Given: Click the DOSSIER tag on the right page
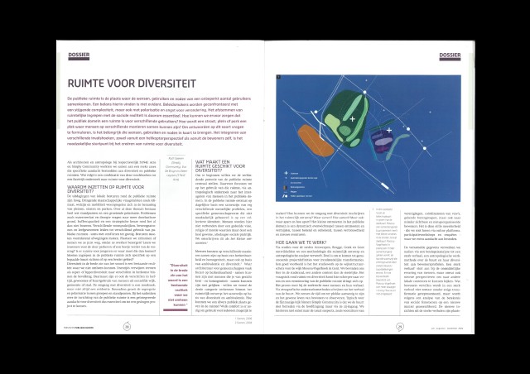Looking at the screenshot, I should [x=451, y=56].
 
